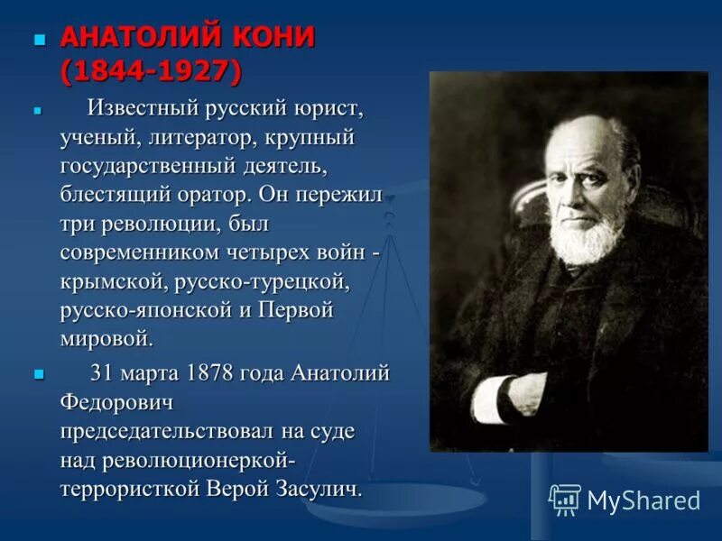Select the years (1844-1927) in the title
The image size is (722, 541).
click(x=150, y=70)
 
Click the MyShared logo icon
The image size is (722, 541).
click(x=565, y=499)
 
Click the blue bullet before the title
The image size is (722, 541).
click(x=39, y=40)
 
